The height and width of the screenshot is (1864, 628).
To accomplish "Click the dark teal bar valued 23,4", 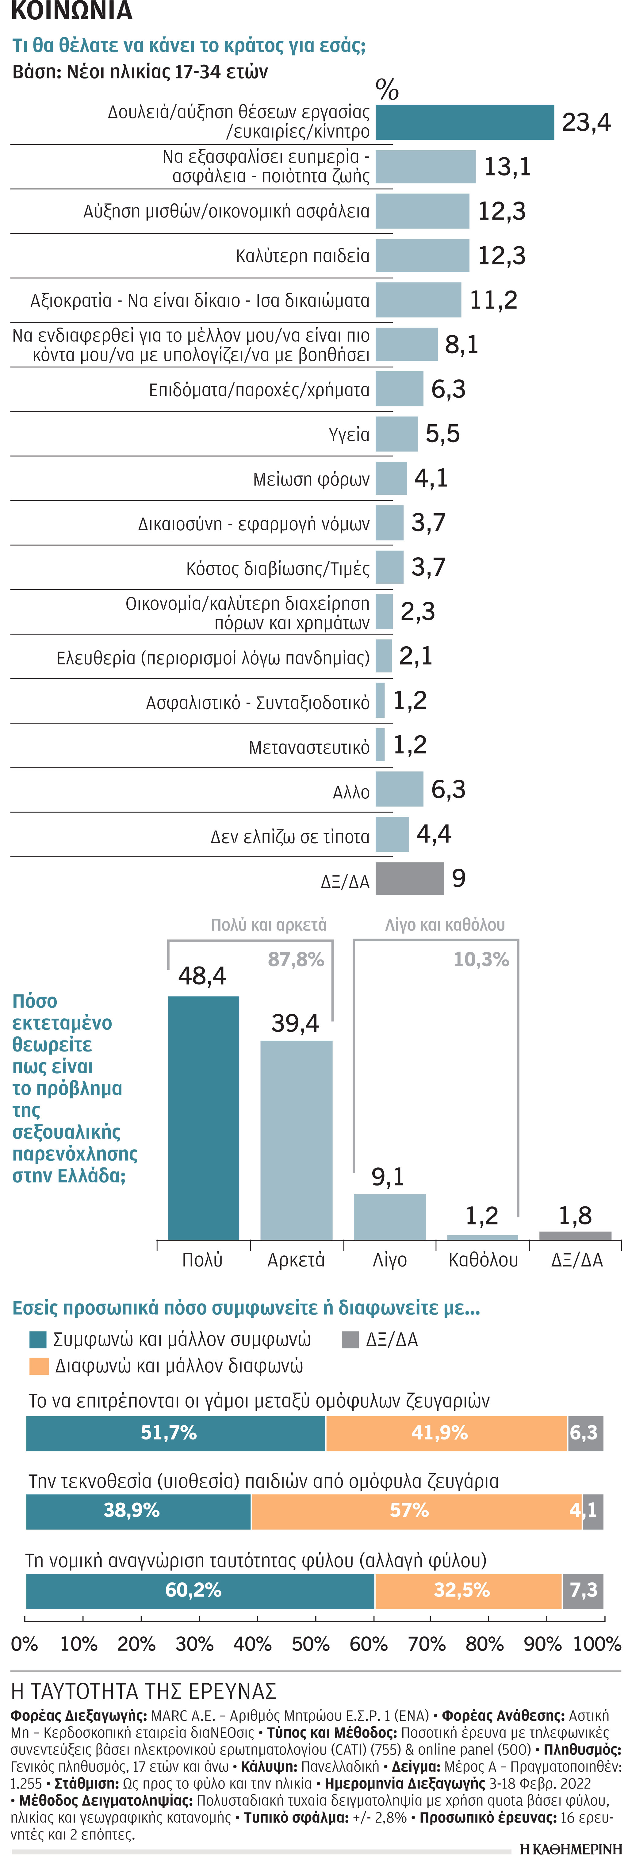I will coord(465,122).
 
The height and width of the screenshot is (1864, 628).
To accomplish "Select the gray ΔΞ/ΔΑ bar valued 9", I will coord(409,878).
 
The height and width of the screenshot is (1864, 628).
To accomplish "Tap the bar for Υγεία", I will coord(396,434).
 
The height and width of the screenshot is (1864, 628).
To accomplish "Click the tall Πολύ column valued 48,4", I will coord(203,1118).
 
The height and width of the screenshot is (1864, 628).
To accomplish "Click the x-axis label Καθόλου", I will coord(483,1260).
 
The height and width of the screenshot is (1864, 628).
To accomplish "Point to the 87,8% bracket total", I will coord(296,959).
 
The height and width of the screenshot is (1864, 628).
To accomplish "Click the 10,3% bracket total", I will coord(481,959).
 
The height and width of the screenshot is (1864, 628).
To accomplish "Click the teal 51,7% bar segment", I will coord(176,1433).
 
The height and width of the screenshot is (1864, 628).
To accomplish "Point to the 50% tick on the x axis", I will coord(310,1644).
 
